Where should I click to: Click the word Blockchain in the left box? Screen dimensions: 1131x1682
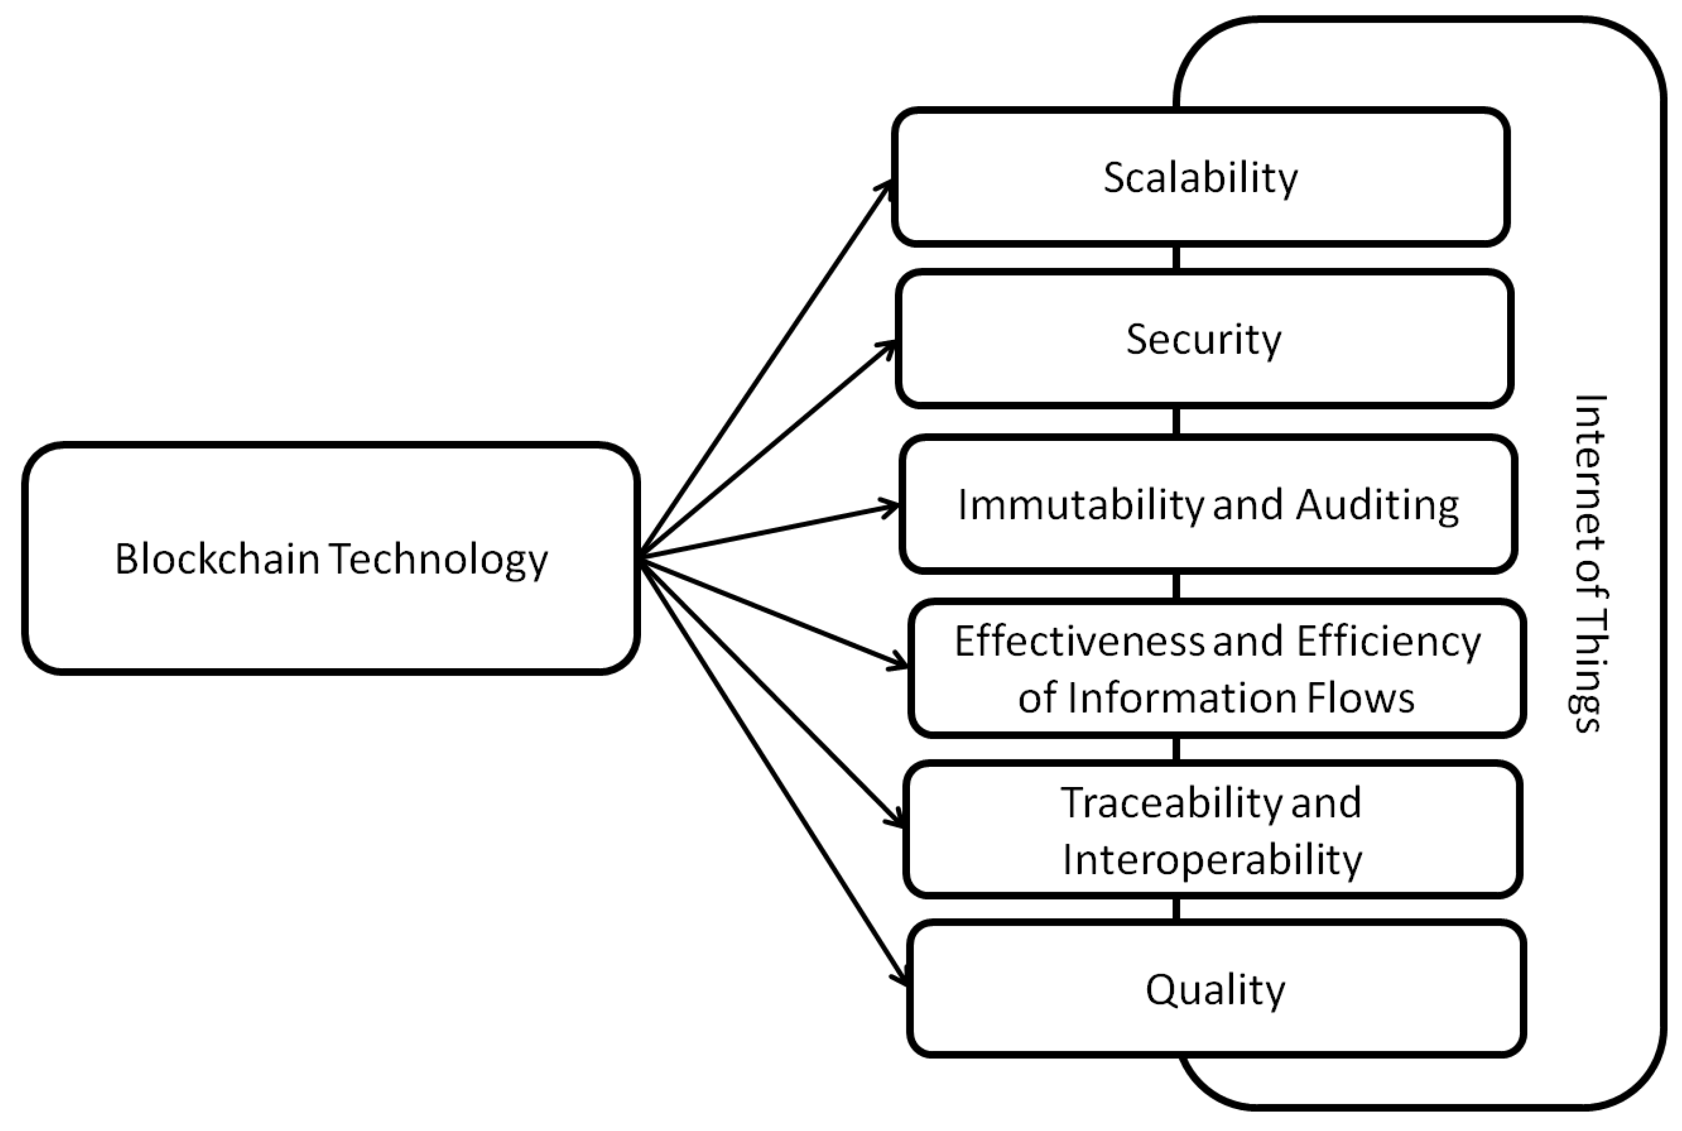[216, 559]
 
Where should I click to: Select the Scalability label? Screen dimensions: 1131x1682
[1200, 178]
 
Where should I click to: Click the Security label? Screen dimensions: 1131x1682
[1203, 340]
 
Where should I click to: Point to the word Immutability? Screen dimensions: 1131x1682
[1080, 505]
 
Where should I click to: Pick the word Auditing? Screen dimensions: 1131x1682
[1378, 505]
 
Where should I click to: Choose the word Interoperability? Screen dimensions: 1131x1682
[1212, 860]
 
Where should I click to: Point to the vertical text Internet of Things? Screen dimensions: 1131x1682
[1587, 563]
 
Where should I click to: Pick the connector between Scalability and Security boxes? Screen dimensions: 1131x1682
[1177, 257]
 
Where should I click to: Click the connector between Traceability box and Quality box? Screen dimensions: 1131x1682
[1177, 909]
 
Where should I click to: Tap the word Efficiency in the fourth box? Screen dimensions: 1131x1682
[1388, 641]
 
